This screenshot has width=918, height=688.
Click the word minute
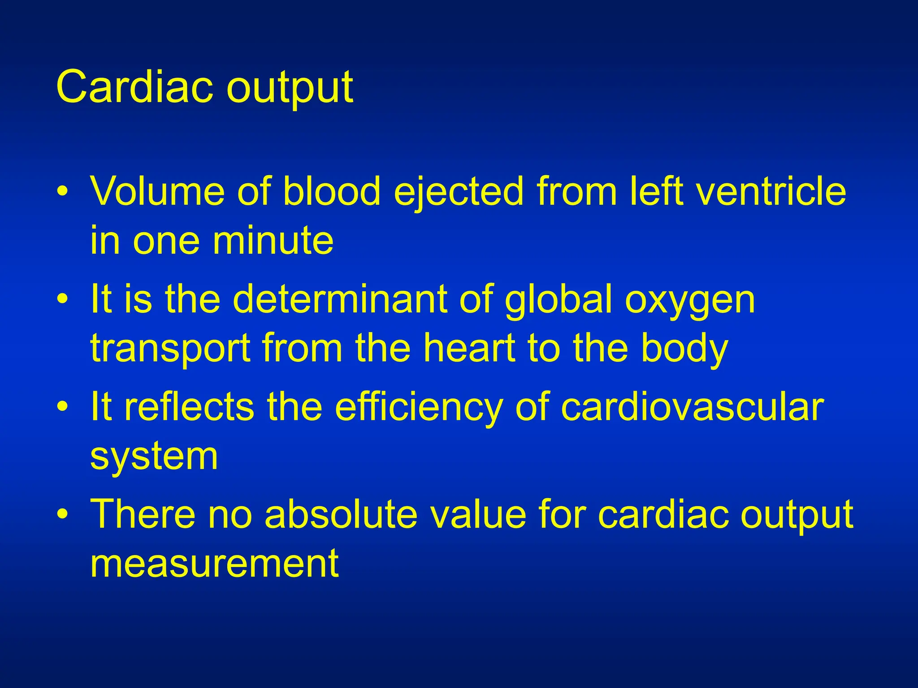click(273, 241)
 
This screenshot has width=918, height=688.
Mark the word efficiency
click(419, 407)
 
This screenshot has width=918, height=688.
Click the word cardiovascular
click(692, 407)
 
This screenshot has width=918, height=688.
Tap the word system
click(154, 457)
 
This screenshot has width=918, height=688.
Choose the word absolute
click(341, 514)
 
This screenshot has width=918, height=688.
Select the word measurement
click(214, 563)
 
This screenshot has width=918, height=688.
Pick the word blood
click(332, 191)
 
